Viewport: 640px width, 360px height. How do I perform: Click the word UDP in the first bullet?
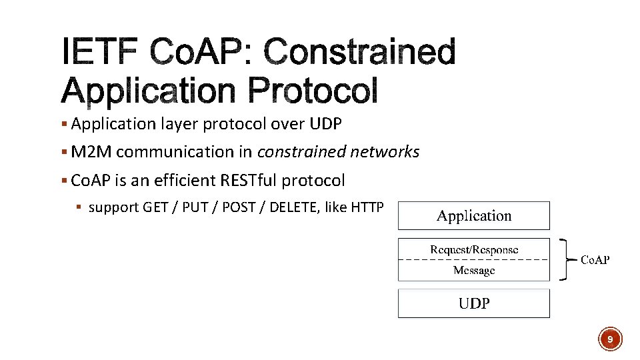pos(327,124)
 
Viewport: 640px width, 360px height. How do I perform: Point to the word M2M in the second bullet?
pos(91,152)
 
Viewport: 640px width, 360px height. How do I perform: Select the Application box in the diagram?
pos(474,216)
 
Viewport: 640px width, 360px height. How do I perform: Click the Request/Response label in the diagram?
pos(474,249)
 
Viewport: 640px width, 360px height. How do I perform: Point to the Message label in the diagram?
pos(474,270)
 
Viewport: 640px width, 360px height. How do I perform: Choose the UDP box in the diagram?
pos(474,303)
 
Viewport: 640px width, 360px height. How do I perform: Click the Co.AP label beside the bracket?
pos(594,260)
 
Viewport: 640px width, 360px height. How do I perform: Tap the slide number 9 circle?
pos(609,339)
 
